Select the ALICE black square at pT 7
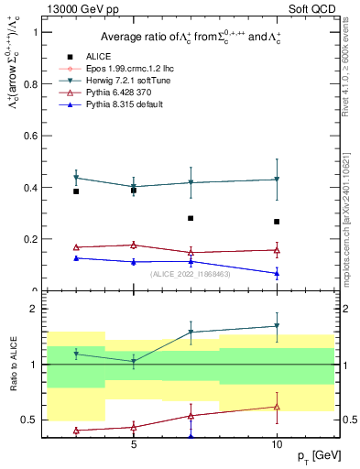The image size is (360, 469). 191,218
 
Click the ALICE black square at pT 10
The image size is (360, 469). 277,222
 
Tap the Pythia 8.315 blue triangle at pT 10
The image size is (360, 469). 277,273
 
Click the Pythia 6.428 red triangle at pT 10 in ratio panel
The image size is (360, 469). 277,407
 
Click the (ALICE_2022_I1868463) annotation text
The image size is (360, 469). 189,274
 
